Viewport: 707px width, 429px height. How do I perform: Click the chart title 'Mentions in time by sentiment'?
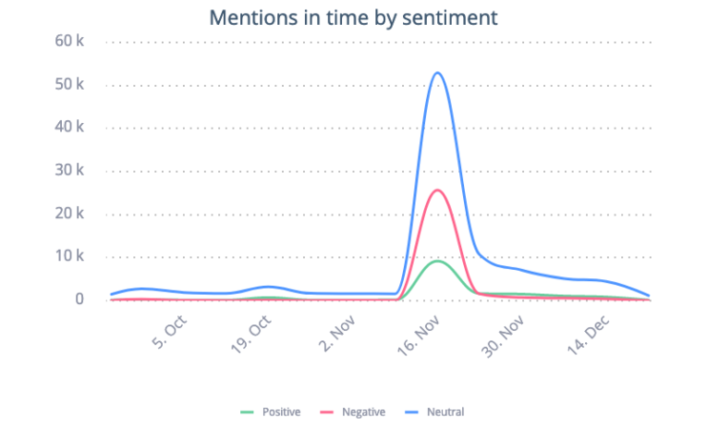coord(353,17)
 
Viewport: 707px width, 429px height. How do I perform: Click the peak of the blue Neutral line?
coord(437,72)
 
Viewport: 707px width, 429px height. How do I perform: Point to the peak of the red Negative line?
coord(437,190)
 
